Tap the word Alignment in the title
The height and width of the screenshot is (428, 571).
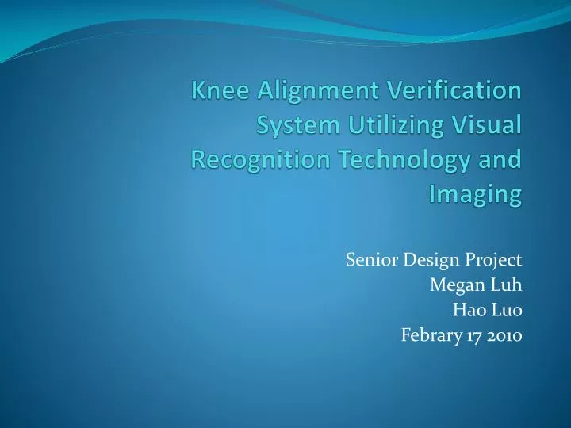[x=308, y=92]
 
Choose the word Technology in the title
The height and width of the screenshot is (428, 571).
[x=399, y=160]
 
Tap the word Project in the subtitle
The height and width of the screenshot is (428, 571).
[x=497, y=260]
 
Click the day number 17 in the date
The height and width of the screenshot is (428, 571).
[x=473, y=335]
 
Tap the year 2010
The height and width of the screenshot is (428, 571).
[x=504, y=335]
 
